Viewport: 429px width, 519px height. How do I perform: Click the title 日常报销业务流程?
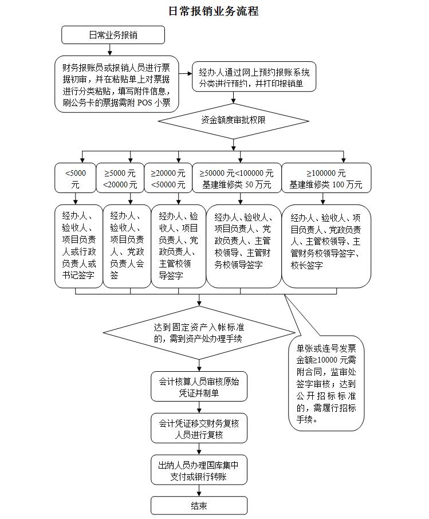[x=214, y=11]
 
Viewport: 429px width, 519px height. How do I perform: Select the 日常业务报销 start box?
[x=113, y=35]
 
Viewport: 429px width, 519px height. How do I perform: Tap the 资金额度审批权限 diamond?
[x=233, y=121]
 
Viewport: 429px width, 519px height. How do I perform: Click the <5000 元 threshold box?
[x=75, y=178]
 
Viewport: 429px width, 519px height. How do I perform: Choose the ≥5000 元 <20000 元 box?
[x=120, y=178]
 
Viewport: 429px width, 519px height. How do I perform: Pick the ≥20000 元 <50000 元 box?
[x=168, y=178]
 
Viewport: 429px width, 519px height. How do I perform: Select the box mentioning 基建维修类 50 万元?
[x=237, y=178]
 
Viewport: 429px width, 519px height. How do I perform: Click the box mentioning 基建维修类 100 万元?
[x=326, y=178]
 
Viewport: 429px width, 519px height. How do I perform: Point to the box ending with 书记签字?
[x=79, y=246]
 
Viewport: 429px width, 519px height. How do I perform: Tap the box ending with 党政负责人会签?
[x=127, y=246]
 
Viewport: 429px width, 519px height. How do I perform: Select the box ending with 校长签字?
[x=326, y=246]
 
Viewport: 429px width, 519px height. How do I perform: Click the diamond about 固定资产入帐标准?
[x=199, y=333]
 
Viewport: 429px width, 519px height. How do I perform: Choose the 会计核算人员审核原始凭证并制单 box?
[x=199, y=386]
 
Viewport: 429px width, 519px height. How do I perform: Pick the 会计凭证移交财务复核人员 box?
[x=199, y=428]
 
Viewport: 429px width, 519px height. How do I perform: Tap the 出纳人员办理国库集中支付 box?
[x=199, y=470]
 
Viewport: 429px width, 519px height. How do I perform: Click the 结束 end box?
[x=199, y=505]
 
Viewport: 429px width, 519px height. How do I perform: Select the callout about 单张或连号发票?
[x=326, y=383]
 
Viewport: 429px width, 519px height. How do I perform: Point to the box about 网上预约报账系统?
[x=254, y=77]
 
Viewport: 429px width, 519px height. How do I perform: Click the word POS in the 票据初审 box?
[x=145, y=103]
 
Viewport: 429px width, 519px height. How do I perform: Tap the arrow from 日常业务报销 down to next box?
[x=110, y=50]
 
